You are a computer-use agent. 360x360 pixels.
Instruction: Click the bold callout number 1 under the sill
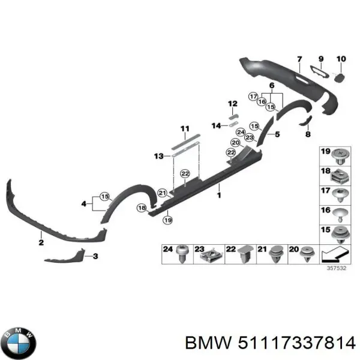pos(219,195)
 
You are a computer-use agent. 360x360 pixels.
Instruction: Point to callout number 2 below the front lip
pos(41,242)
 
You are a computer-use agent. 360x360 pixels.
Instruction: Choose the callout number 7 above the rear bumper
pos(299,59)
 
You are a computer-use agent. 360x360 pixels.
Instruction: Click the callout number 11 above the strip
pos(185,128)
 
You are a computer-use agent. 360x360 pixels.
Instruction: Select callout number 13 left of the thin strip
pos(158,157)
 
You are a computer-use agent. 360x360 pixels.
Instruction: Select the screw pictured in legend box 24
pos(182,255)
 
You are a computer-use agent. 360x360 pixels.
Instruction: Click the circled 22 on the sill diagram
pos(185,173)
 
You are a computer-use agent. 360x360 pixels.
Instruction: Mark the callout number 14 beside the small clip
pos(217,125)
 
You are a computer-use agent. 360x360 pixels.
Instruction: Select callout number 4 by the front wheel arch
pos(85,205)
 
